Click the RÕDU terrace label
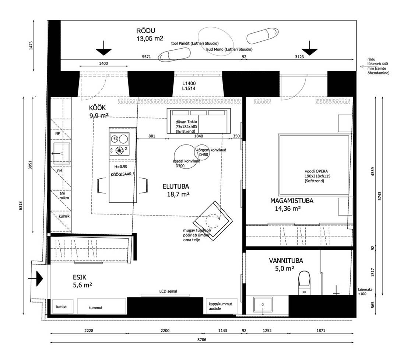pos(146,31)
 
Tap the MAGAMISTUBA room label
pos(292,200)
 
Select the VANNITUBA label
pos(286,261)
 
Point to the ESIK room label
pos(80,277)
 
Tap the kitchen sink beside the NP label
pos(62,153)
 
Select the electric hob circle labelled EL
pos(115,139)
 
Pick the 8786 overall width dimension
pos(202,340)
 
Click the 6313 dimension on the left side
pos(21,206)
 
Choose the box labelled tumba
pos(63,306)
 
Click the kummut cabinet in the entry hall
pos(102,306)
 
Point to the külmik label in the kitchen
pos(64,216)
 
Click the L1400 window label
pos(189,83)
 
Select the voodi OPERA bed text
pos(316,171)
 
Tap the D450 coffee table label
pos(204,155)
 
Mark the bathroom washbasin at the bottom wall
pos(263,305)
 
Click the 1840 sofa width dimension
pos(199,136)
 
